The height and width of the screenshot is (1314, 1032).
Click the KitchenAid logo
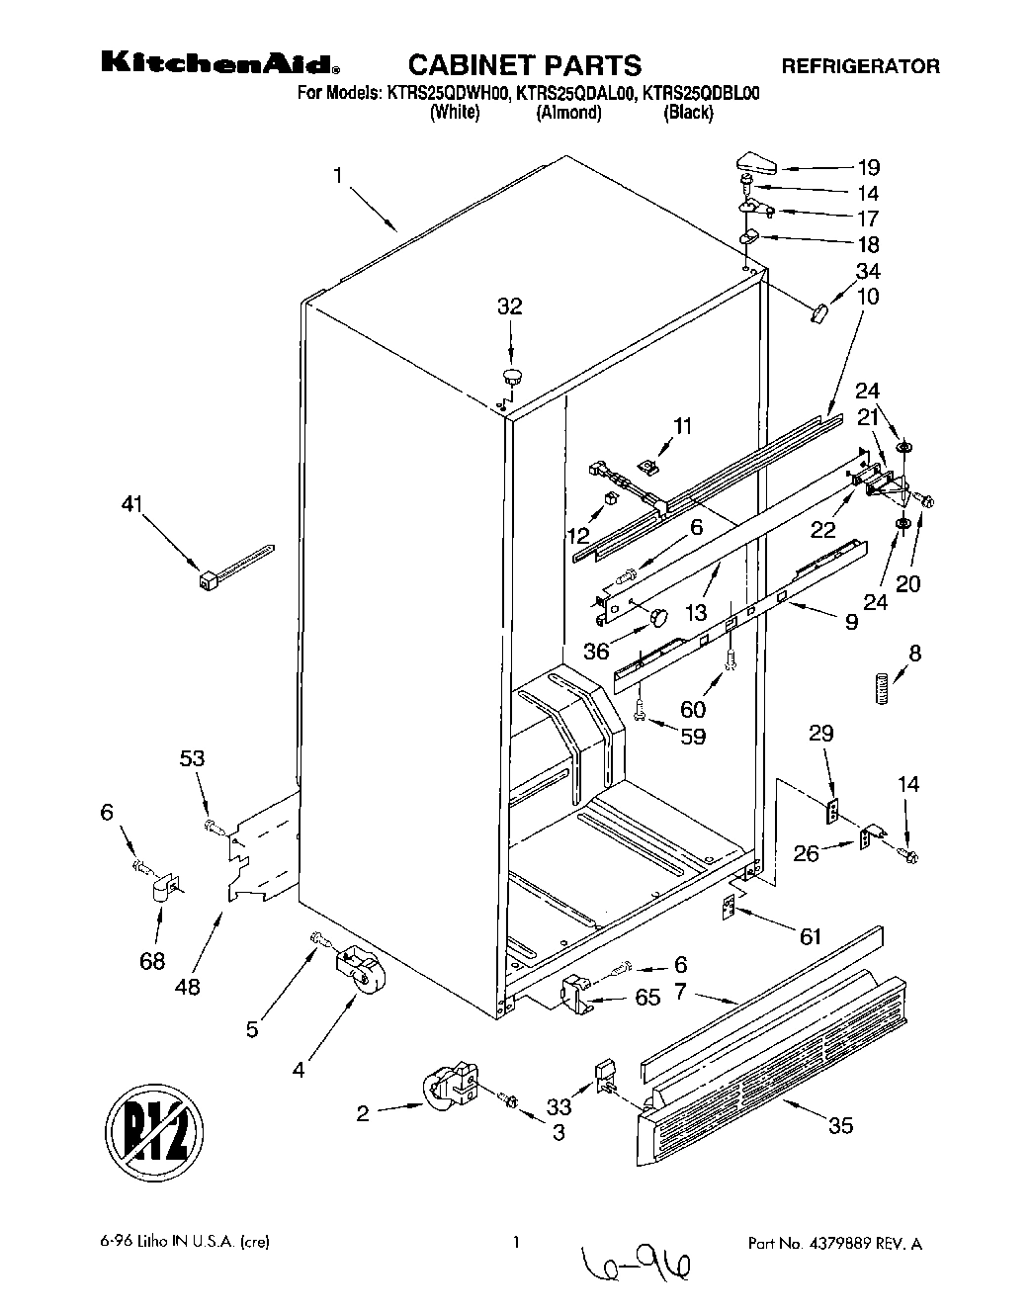tap(220, 65)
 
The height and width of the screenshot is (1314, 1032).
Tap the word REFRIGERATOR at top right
tap(860, 67)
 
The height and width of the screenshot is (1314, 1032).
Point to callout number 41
tap(131, 504)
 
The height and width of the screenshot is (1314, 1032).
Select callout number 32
tap(509, 307)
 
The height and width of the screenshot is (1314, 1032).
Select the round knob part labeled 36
tap(658, 617)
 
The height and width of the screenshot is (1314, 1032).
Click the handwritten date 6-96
tap(638, 1261)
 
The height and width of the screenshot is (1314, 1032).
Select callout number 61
tap(811, 936)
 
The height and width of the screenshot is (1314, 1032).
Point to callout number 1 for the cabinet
tap(337, 176)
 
